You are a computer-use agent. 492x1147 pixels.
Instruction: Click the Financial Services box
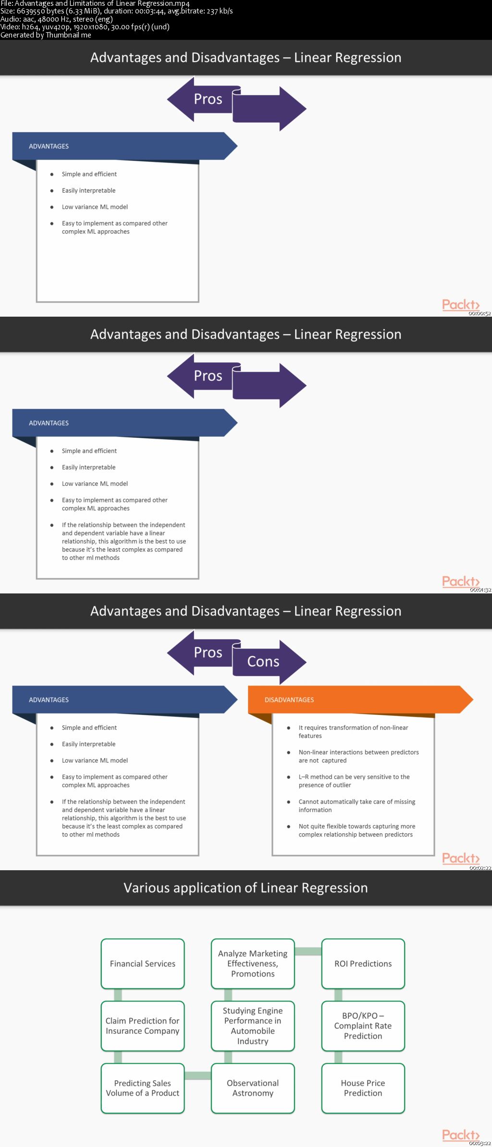143,963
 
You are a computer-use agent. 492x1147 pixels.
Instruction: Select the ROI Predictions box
363,963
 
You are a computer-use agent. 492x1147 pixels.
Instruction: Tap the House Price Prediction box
363,1088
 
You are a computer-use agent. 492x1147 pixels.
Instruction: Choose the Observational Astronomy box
253,1088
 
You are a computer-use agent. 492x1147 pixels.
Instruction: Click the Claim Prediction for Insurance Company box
143,1026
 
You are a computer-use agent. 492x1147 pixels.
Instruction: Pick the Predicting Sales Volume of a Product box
143,1088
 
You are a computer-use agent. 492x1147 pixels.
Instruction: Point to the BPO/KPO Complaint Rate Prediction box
363,1026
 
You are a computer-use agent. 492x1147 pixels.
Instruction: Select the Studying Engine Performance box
253,1026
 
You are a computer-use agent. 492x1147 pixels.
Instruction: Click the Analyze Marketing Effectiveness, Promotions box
253,963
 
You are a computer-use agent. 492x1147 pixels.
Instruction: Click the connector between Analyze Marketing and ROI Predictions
308,951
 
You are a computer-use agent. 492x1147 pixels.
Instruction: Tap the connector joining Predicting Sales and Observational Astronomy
198,1076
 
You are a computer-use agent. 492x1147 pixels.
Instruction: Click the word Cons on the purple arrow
263,662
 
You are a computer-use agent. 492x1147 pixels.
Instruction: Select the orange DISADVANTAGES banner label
289,700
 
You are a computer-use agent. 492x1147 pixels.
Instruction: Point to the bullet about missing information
357,806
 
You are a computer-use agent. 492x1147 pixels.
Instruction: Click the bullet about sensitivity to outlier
354,781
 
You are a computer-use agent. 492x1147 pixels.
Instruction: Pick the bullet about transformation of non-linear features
353,732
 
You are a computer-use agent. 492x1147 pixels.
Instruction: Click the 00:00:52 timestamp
480,313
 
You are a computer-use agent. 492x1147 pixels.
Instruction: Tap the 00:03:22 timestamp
480,1143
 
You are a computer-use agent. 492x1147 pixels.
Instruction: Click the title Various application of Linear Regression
246,888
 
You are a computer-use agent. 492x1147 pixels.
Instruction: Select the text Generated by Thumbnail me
46,35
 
